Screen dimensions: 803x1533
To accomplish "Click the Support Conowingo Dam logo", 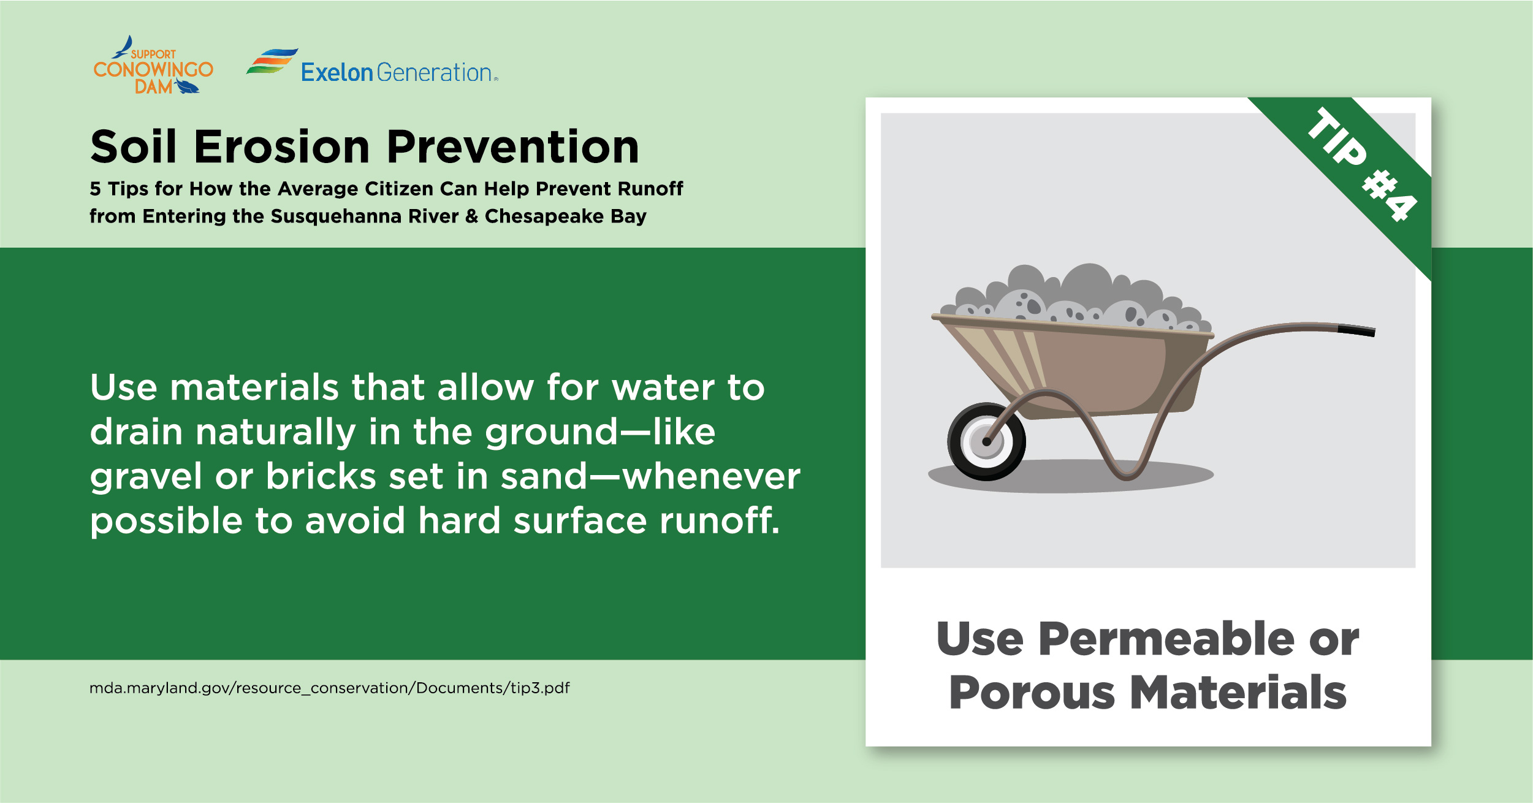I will pos(153,66).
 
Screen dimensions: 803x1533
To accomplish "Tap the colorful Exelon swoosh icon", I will pos(272,61).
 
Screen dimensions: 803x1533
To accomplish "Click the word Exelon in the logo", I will pos(337,73).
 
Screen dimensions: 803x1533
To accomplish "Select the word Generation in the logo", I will pos(435,73).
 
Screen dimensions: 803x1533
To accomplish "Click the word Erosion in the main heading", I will pos(281,148).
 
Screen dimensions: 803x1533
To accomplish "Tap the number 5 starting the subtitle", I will pos(95,189).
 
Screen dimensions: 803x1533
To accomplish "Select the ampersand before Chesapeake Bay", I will pos(471,216).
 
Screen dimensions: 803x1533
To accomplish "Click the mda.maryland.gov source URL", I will pos(329,688).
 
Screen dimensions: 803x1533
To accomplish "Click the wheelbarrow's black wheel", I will pos(986,441).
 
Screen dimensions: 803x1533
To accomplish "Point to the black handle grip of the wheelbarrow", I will pos(1356,331).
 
